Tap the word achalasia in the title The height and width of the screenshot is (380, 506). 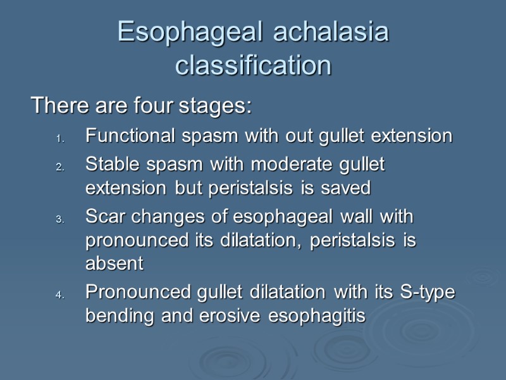[331, 33]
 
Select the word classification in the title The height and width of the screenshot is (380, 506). [253, 65]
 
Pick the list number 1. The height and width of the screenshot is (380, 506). [59, 137]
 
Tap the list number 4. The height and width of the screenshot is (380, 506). [59, 296]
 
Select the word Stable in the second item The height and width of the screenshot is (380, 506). [110, 165]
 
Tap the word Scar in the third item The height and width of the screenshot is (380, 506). [103, 217]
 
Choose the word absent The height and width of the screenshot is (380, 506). [114, 263]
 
